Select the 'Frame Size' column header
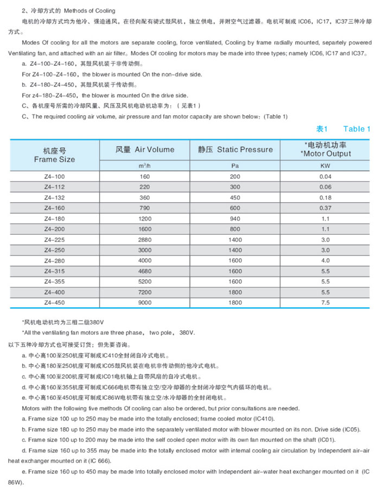click(54, 159)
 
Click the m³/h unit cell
click(144, 165)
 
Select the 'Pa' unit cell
click(235, 165)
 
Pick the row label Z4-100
click(54, 177)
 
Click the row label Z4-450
click(54, 302)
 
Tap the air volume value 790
click(144, 208)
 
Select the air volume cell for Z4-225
click(144, 239)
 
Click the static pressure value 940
click(235, 219)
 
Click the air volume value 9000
click(144, 302)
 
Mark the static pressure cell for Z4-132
click(235, 197)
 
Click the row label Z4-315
click(54, 271)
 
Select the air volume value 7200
click(144, 292)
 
